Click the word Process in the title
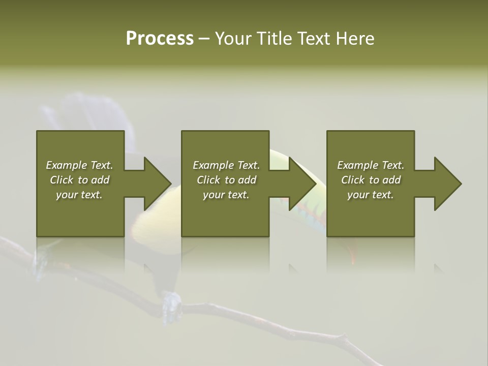tap(160, 39)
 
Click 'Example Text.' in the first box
tap(79, 165)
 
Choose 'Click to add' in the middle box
tap(226, 180)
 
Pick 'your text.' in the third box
tap(371, 195)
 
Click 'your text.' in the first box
tap(79, 195)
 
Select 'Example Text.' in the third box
tap(371, 165)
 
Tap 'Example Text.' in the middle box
tap(226, 165)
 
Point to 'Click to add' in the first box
tap(79, 180)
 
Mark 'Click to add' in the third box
tap(371, 180)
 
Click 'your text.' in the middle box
tap(226, 195)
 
